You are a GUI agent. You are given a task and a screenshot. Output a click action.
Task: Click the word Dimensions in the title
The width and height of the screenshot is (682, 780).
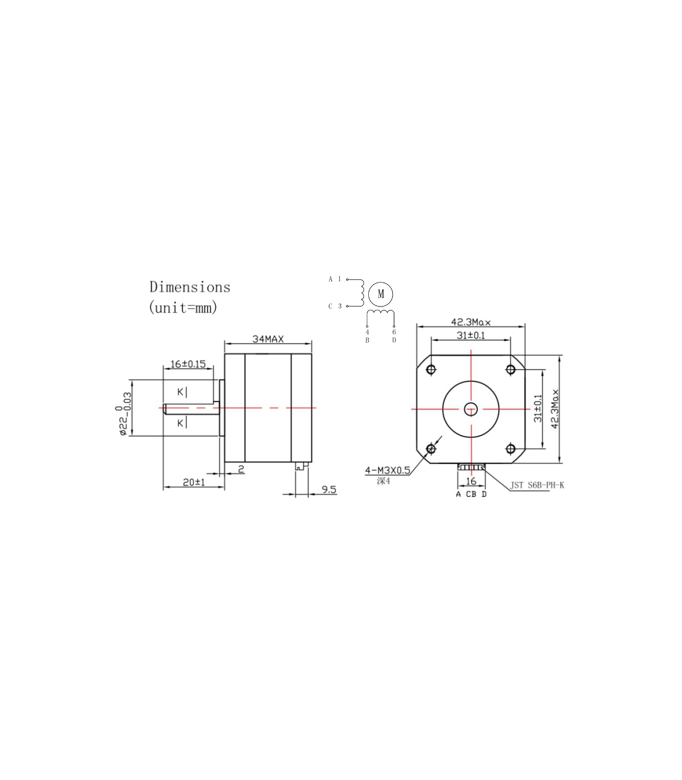[190, 287]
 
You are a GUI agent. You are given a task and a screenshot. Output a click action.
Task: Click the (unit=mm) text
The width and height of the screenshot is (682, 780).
[183, 307]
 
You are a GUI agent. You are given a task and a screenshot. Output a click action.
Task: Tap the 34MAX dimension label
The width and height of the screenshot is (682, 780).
[268, 339]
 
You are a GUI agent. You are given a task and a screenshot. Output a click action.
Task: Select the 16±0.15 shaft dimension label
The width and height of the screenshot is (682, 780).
[188, 364]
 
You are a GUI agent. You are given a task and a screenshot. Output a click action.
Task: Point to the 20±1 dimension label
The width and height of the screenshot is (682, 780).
[194, 482]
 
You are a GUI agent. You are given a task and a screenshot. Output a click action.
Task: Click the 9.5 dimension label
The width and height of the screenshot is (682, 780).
[329, 489]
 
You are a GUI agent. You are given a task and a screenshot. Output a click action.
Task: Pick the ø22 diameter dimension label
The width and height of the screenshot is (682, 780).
[123, 414]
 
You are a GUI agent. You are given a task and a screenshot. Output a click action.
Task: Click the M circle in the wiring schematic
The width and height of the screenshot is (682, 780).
[381, 294]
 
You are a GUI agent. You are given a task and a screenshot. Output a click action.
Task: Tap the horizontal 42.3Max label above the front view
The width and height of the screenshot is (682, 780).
[471, 322]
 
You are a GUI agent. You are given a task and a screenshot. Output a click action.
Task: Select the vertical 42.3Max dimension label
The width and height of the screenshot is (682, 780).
[555, 409]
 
